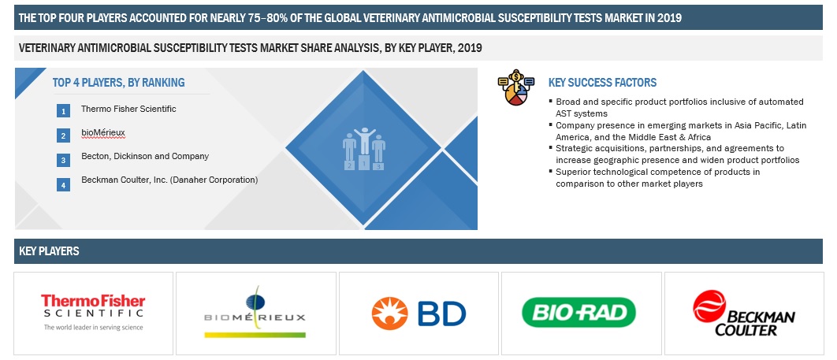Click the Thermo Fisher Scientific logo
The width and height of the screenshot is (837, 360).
pyautogui.click(x=94, y=313)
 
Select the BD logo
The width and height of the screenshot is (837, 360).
pyautogui.click(x=418, y=313)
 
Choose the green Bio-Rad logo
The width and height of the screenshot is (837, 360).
pyautogui.click(x=578, y=312)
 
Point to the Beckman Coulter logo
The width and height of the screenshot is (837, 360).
pyautogui.click(x=743, y=314)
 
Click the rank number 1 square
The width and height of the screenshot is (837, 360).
pyautogui.click(x=64, y=111)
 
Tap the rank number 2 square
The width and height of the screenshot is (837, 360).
pyautogui.click(x=64, y=135)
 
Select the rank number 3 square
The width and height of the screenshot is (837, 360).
pyautogui.click(x=64, y=160)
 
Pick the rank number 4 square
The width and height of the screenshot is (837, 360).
pyautogui.click(x=64, y=185)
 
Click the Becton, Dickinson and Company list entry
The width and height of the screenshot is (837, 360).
pyautogui.click(x=145, y=157)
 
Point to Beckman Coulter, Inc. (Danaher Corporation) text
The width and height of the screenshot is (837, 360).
pyautogui.click(x=169, y=180)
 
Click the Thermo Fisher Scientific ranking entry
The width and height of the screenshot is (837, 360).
pyautogui.click(x=128, y=109)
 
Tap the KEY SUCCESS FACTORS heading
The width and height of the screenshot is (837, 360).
pyautogui.click(x=603, y=83)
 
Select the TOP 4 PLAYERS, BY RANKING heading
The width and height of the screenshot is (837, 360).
pyautogui.click(x=118, y=83)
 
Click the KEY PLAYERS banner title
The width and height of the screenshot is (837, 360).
pyautogui.click(x=49, y=251)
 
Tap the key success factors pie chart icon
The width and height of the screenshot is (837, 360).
pyautogui.click(x=516, y=87)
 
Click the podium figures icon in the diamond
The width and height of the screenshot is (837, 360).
pyautogui.click(x=363, y=149)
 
